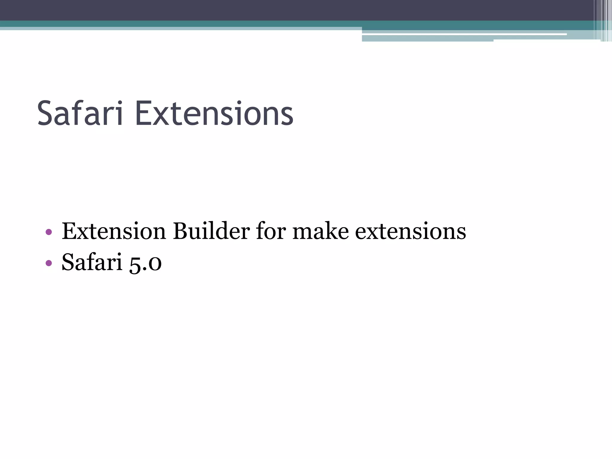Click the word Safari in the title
coord(80,114)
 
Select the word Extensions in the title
coord(214,114)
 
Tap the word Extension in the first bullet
coord(114,231)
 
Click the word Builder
coord(211,231)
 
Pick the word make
coord(320,231)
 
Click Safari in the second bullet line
coord(92,262)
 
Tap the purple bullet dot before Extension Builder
coord(49,232)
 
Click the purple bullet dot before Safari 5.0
coord(49,263)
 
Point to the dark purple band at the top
coord(269,10)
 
